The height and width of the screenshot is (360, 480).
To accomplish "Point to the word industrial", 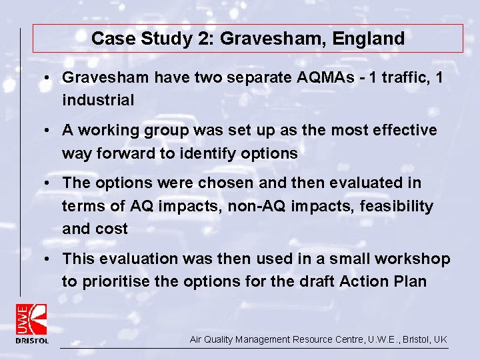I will pyautogui.click(x=98, y=100).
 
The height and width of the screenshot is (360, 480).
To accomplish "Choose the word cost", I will pyautogui.click(x=114, y=229).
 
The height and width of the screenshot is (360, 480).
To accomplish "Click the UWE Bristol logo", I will pyautogui.click(x=32, y=323).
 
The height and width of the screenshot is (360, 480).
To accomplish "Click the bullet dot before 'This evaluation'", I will pyautogui.click(x=49, y=259).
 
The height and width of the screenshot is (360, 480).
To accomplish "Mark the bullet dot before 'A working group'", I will pyautogui.click(x=49, y=131).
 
